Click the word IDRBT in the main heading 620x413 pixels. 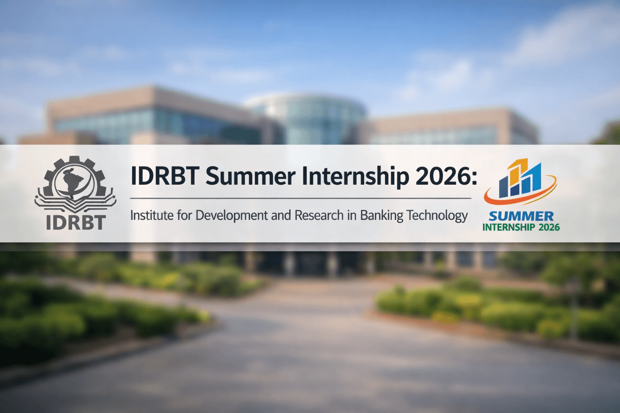[x=165, y=176]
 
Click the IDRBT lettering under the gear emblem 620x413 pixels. [x=76, y=222]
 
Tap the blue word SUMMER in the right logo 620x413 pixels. [x=521, y=216]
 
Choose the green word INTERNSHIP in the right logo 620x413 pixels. [x=508, y=227]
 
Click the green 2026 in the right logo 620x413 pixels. [x=549, y=227]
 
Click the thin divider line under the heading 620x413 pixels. [x=300, y=198]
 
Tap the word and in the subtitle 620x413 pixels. [x=281, y=215]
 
